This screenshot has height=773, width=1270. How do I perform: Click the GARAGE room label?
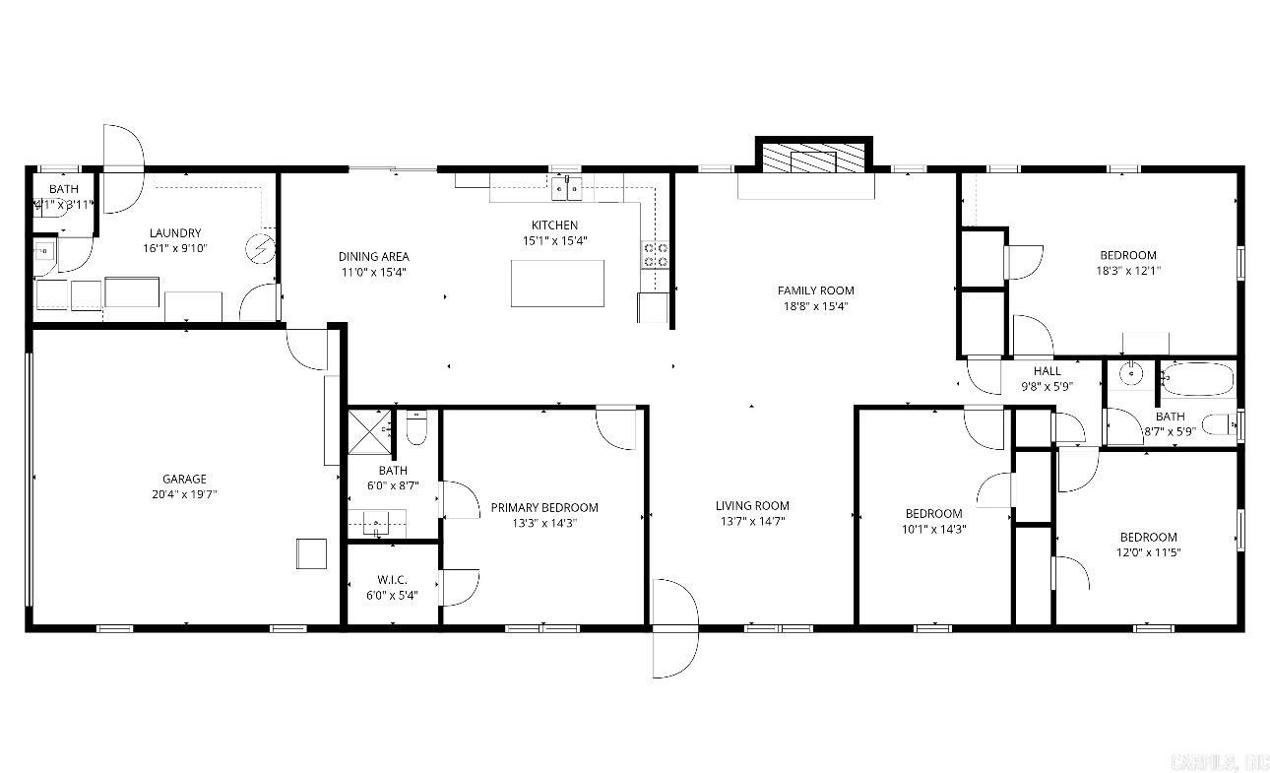coord(184,480)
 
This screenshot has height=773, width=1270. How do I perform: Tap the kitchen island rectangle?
coord(557,284)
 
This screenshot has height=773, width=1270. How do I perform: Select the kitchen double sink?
coord(566,187)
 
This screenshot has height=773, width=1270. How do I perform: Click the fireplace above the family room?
coord(813,161)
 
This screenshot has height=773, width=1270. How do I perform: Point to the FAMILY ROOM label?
coord(815,290)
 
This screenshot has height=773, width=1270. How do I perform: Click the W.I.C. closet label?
coord(392,580)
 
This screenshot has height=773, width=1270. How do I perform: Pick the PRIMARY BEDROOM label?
coord(543,508)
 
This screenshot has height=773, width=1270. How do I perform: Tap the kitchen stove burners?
coord(656,256)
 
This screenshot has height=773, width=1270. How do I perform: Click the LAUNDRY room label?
coord(175,233)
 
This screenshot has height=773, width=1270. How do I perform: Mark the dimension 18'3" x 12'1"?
coord(1126,271)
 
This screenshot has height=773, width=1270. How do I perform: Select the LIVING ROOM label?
coord(752,506)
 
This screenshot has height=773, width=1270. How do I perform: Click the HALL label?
coord(1048,371)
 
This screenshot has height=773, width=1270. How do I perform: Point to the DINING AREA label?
coord(373,257)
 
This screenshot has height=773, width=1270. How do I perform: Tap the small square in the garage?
coord(311,553)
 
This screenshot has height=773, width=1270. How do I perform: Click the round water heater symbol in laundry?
coord(258,249)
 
